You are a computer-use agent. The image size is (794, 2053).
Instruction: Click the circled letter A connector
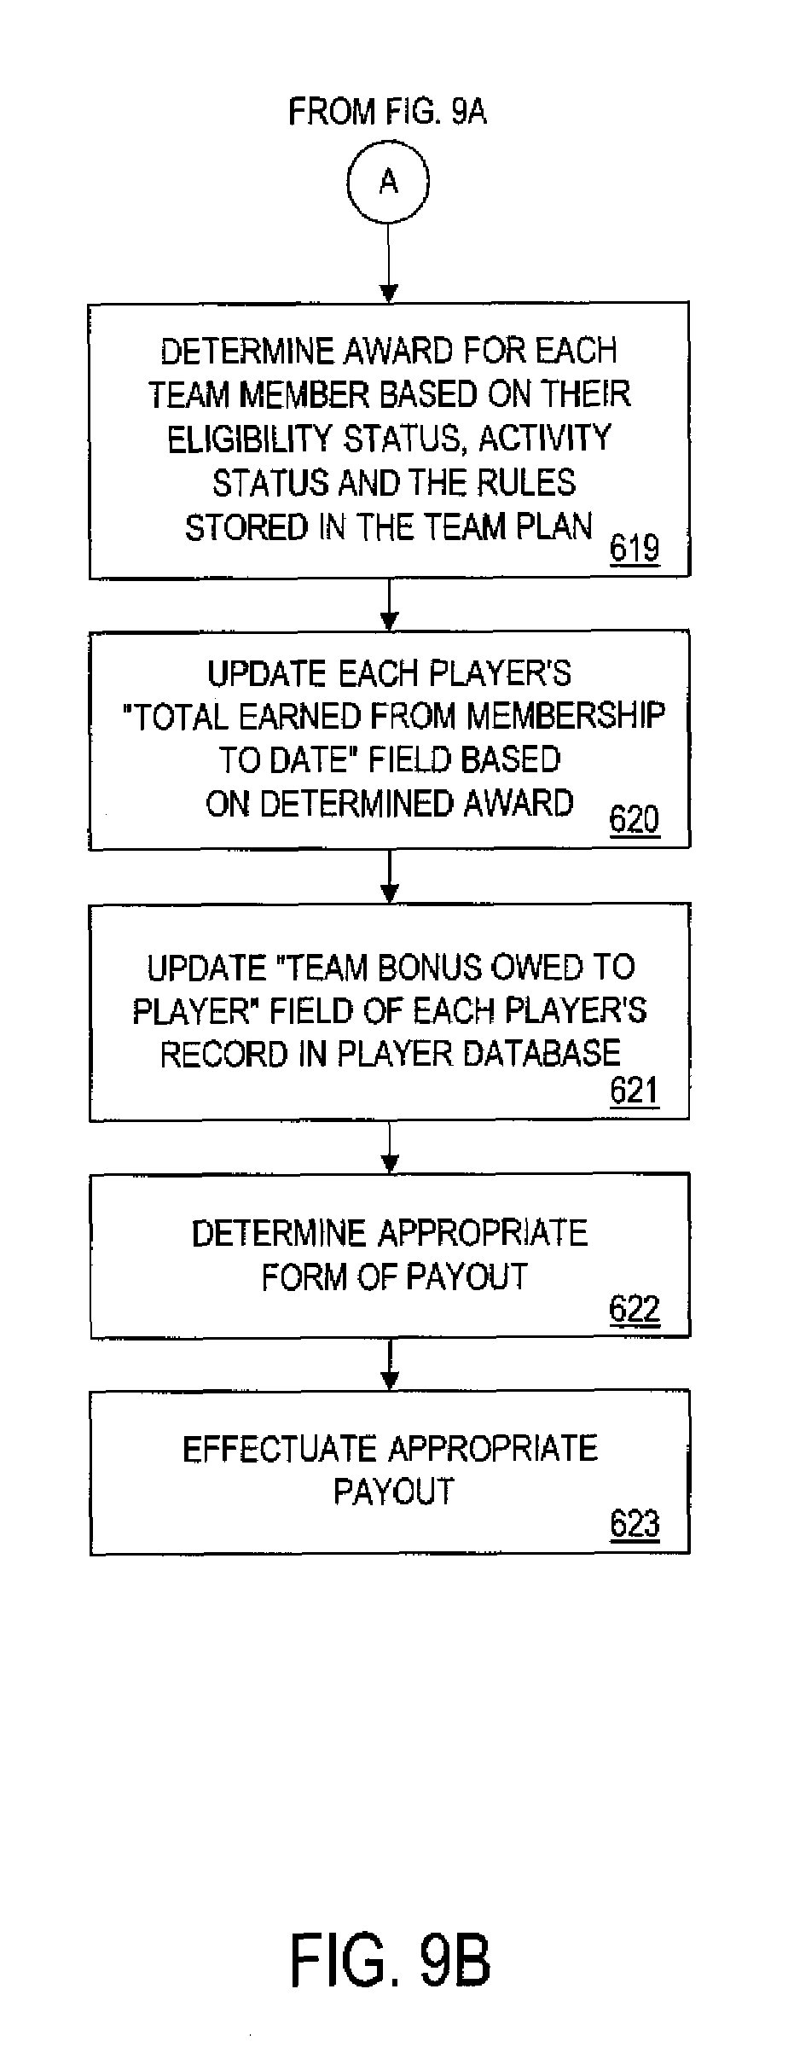[x=388, y=182]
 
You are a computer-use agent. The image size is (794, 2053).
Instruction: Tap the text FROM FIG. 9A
[x=387, y=112]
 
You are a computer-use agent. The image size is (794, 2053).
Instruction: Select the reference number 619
[x=635, y=548]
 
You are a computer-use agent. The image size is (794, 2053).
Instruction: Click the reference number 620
[x=635, y=820]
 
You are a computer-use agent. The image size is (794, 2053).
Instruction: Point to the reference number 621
[x=635, y=1091]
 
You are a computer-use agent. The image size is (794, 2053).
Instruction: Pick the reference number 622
[x=635, y=1309]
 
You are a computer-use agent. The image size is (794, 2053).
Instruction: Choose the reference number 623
[x=635, y=1524]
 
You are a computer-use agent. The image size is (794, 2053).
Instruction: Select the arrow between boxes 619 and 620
[x=389, y=604]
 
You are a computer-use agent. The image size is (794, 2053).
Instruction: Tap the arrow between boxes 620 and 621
[x=389, y=876]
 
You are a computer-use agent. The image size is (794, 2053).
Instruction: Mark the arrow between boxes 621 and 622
[x=389, y=1148]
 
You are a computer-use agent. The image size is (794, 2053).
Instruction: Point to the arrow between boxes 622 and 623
[x=389, y=1364]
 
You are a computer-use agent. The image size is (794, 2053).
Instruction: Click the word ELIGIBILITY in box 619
[x=249, y=439]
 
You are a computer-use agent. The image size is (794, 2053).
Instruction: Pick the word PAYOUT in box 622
[x=466, y=1277]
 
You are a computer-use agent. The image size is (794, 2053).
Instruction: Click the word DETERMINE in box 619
[x=247, y=352]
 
